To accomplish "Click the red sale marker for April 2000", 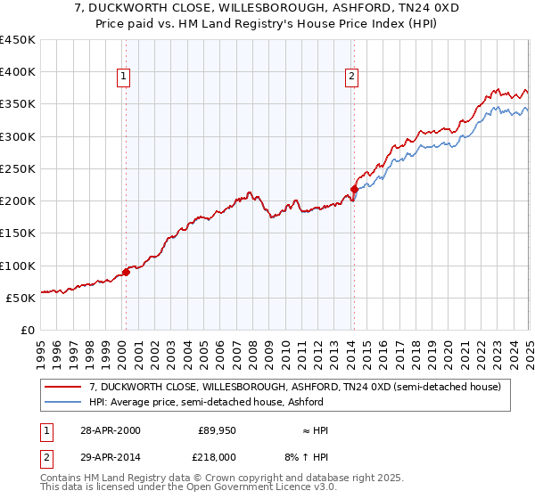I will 126,272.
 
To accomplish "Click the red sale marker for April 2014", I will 354,189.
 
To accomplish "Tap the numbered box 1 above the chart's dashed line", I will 125,78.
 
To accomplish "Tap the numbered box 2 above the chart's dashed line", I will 353,78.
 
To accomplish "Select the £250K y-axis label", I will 18,168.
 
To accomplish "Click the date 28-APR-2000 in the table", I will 109,430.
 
